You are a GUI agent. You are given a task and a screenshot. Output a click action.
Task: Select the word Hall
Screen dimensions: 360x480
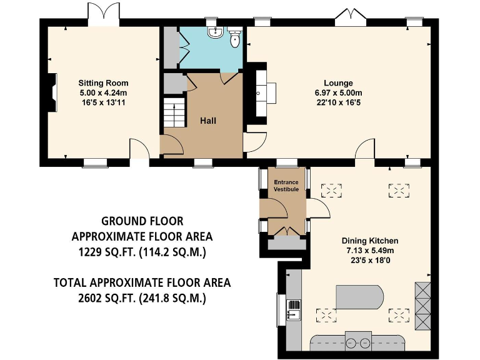pos(208,121)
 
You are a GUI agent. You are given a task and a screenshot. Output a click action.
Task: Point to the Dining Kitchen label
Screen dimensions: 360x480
pos(369,241)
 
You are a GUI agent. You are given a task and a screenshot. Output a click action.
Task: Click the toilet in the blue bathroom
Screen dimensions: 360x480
pos(235,39)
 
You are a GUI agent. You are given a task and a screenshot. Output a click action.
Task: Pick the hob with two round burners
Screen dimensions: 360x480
pos(358,342)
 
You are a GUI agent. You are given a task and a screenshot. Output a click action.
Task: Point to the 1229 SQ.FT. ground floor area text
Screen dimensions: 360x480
pos(142,252)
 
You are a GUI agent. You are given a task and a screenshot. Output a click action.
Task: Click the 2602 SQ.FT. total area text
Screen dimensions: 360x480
pos(142,299)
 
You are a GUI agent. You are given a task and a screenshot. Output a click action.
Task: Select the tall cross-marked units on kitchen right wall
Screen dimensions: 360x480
pos(423,306)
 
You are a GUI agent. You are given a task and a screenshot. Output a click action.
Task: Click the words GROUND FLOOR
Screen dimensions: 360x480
pos(142,221)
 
